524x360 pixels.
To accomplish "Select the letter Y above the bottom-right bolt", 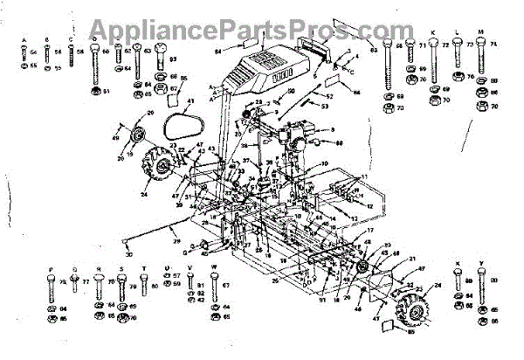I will [x=481, y=262].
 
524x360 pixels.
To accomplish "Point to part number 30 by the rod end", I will [x=130, y=254].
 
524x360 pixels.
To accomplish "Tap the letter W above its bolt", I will [x=215, y=268].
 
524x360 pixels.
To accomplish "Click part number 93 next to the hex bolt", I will [x=173, y=59].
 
